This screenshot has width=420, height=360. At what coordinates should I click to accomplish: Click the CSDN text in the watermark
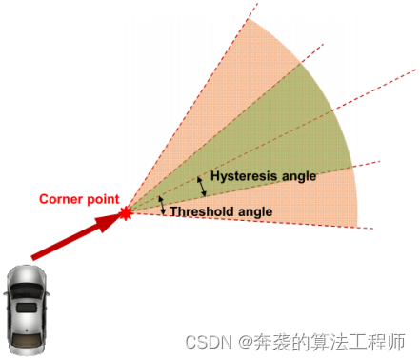(x=203, y=340)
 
